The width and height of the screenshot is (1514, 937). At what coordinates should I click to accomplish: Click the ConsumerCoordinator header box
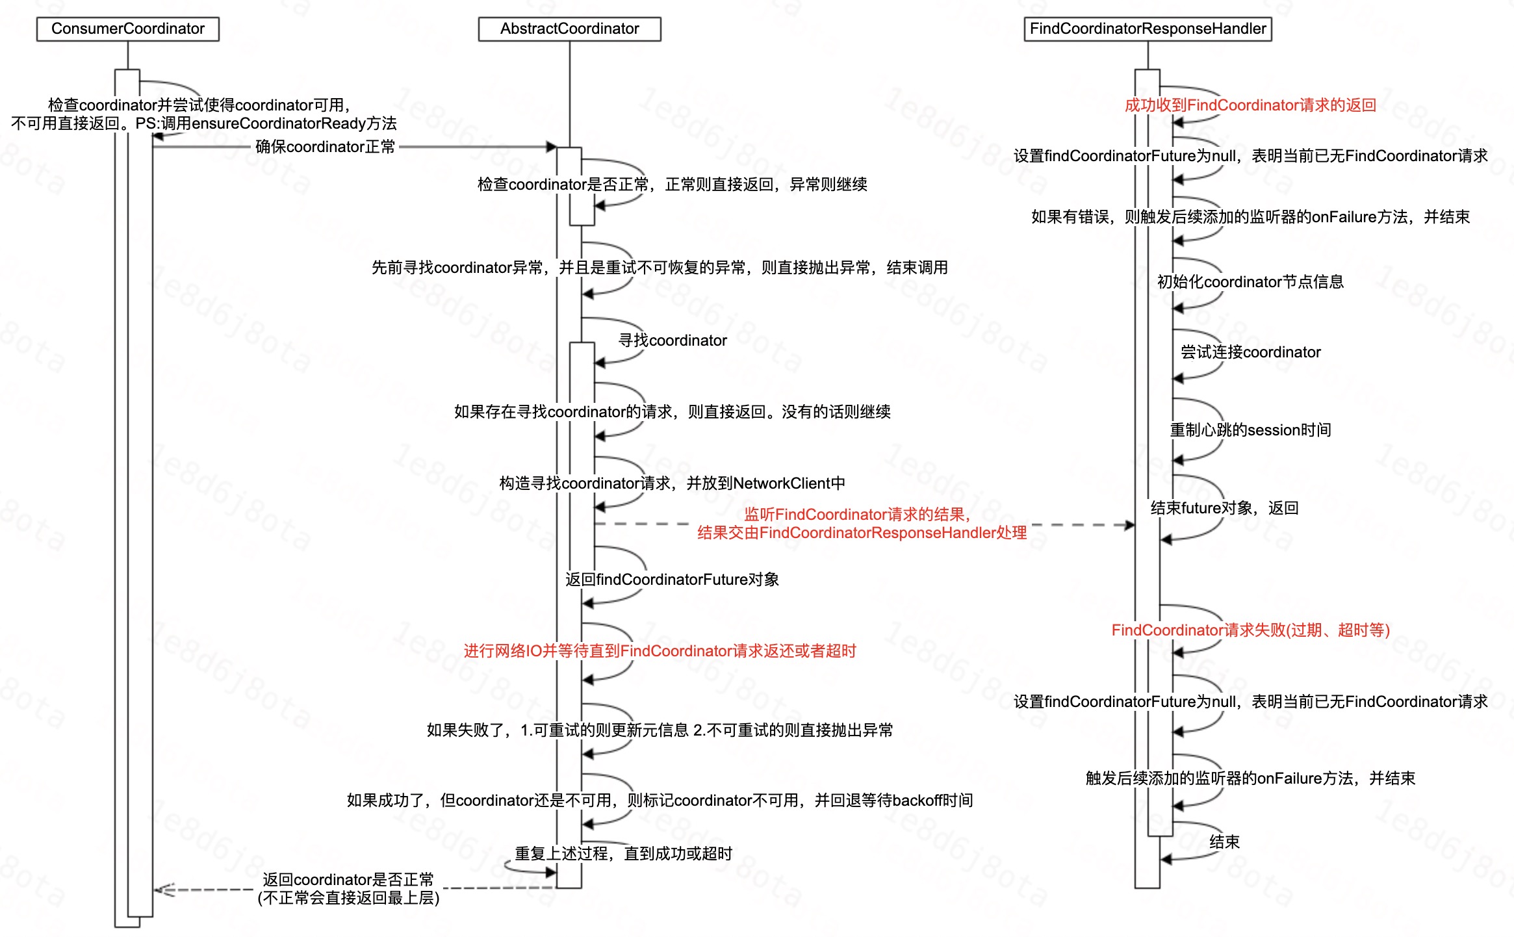click(x=128, y=29)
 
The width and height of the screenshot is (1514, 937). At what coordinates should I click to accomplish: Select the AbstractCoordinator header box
click(x=569, y=29)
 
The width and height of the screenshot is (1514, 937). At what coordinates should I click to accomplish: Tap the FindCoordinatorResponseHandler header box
click(x=1148, y=29)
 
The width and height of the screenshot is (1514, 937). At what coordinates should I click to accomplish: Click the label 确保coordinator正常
click(x=325, y=147)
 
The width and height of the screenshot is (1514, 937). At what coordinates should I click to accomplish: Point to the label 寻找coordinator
click(x=673, y=340)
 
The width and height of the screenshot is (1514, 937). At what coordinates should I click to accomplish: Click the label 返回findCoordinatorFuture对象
click(x=672, y=580)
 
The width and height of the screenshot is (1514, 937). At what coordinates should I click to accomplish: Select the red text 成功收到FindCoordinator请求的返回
click(x=1250, y=105)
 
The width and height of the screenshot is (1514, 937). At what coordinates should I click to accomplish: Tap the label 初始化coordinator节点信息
click(x=1250, y=282)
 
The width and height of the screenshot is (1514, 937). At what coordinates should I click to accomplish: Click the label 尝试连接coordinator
click(x=1250, y=352)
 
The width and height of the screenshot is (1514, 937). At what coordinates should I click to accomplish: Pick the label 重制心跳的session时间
click(x=1250, y=430)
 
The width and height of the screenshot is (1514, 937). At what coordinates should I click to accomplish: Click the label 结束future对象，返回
click(x=1224, y=508)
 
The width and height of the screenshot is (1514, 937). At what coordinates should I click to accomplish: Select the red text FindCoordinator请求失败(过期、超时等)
click(x=1250, y=630)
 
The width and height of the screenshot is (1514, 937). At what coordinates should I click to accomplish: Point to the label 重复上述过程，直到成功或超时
click(x=623, y=854)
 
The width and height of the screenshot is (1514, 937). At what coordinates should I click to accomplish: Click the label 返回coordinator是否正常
click(x=348, y=880)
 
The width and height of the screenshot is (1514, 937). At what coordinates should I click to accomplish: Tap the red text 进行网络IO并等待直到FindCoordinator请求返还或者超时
click(x=660, y=651)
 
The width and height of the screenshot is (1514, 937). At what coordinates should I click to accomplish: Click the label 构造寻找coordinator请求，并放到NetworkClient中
click(x=672, y=483)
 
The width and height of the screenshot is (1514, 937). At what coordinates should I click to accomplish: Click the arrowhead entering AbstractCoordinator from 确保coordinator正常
click(x=552, y=147)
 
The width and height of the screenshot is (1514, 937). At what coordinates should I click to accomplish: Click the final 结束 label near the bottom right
click(x=1224, y=842)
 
